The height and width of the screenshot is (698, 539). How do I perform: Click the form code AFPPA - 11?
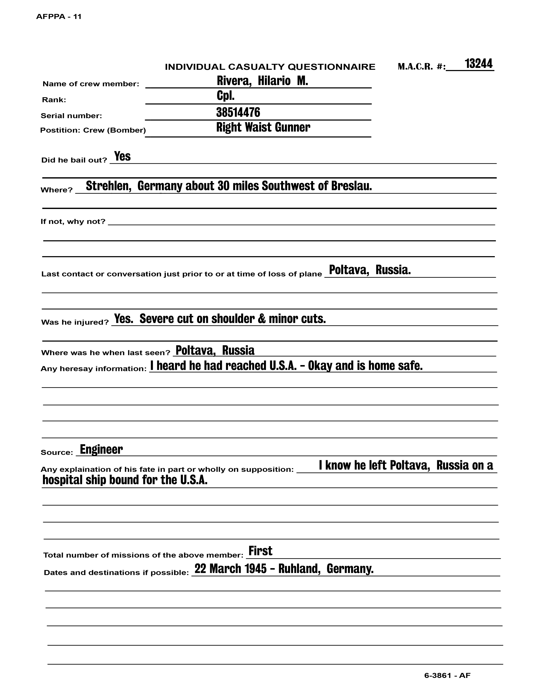[x=59, y=17]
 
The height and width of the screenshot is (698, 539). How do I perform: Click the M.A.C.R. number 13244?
[x=478, y=64]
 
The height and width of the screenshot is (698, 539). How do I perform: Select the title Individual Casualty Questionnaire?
[x=270, y=67]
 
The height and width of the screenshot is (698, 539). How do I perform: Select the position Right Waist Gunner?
[x=263, y=127]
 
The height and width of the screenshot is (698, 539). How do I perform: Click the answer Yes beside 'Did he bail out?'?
[x=122, y=156]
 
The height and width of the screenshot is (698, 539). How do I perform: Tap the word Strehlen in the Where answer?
[x=109, y=186]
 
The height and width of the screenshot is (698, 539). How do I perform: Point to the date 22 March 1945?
[x=230, y=569]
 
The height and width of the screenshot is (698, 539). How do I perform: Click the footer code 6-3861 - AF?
[x=447, y=675]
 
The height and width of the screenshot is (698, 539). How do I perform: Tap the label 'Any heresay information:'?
[x=93, y=369]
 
